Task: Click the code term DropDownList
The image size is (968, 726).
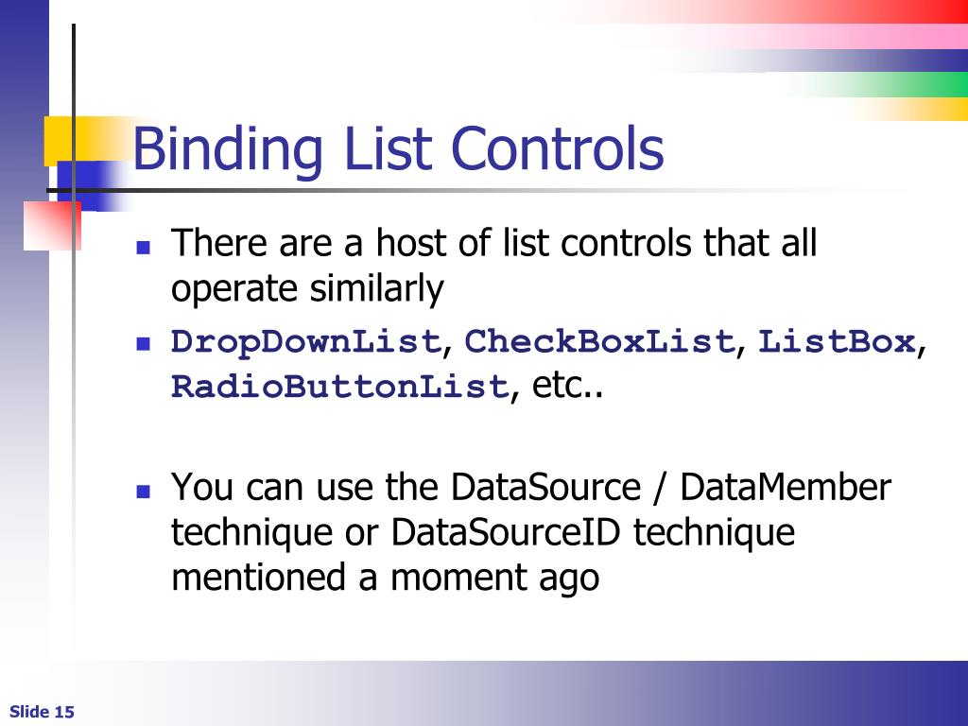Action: (x=306, y=342)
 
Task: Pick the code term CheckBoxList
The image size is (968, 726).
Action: (x=600, y=342)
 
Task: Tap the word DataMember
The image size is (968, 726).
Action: (x=785, y=488)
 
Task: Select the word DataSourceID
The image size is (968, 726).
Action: (x=508, y=532)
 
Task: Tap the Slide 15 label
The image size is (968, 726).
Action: (x=43, y=712)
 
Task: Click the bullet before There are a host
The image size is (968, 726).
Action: (x=144, y=248)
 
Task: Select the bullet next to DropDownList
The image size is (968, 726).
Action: (x=144, y=343)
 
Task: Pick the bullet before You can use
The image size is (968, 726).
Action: (x=144, y=492)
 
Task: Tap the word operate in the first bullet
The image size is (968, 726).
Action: (x=236, y=290)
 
